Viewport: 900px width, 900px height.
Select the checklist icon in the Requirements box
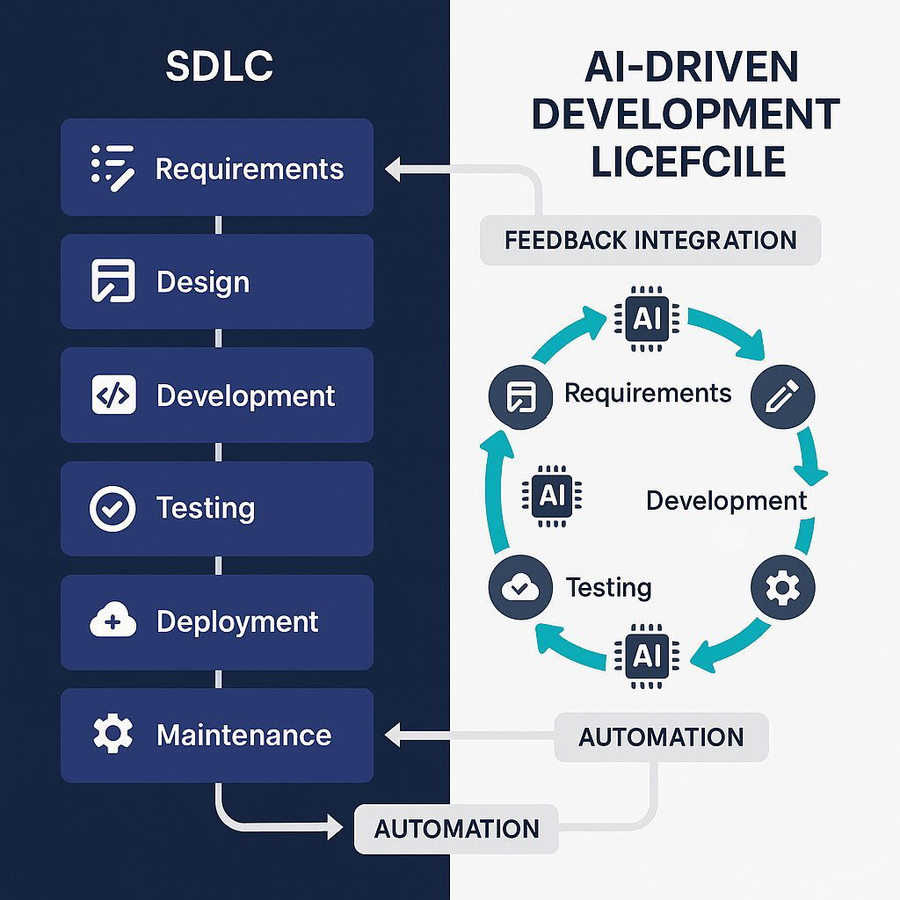point(112,167)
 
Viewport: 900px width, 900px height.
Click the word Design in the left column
point(203,282)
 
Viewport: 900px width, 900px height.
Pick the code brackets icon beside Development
point(113,395)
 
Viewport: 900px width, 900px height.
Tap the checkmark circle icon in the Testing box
point(112,508)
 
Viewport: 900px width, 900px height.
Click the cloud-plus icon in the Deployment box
point(113,622)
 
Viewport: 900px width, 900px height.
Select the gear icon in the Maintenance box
point(112,734)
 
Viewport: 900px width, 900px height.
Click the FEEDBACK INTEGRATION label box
point(650,240)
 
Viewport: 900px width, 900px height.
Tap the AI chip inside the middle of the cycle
point(552,496)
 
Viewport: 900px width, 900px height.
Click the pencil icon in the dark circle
point(783,397)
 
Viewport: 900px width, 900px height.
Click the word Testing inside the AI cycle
point(608,587)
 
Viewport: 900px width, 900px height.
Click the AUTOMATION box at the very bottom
point(456,828)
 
